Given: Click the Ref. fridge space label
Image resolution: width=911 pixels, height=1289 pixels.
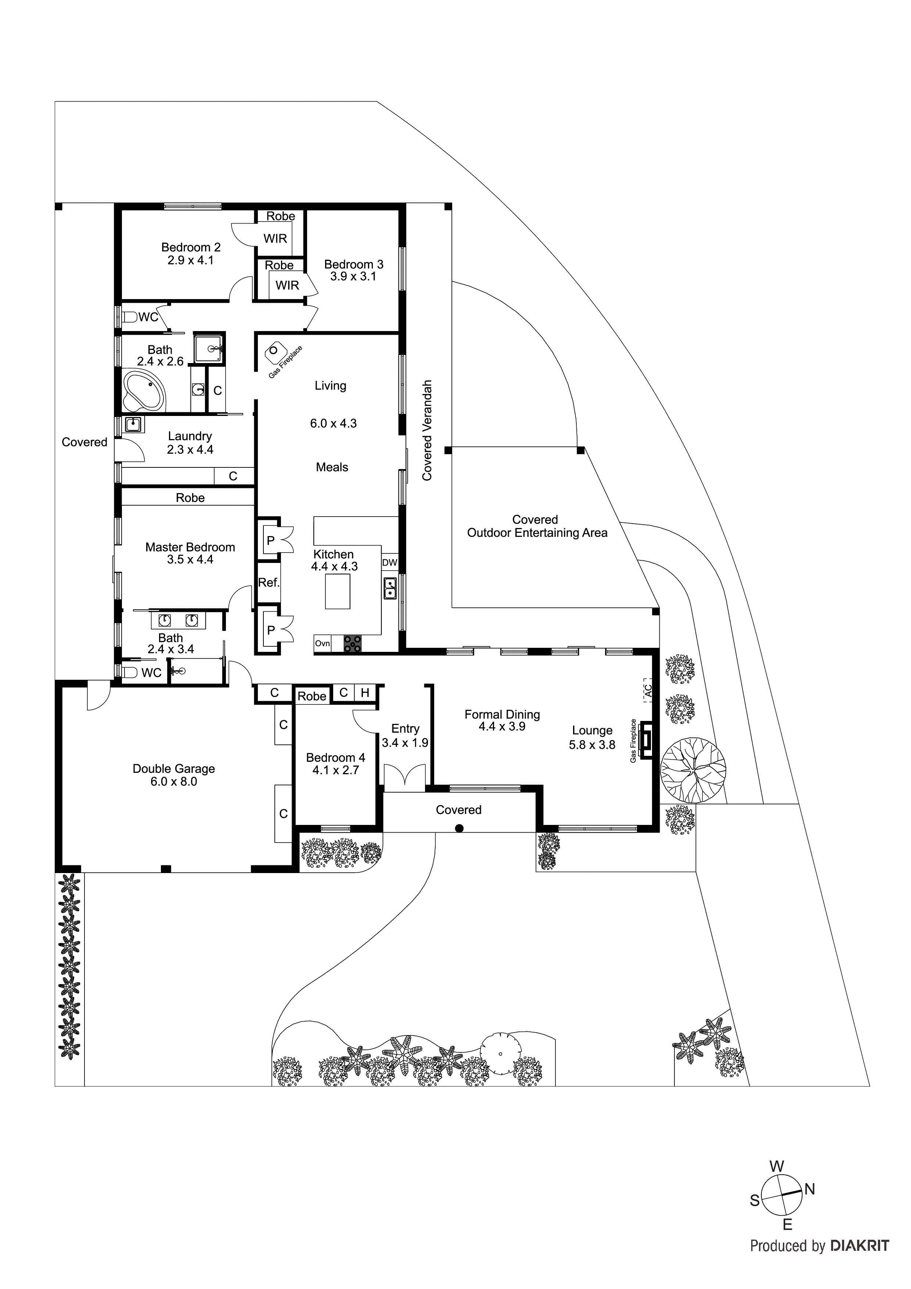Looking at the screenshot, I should click(268, 583).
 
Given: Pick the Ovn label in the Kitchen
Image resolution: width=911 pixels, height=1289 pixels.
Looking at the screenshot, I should click(322, 643).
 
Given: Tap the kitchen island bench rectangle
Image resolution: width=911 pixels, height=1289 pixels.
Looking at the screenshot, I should click(337, 591).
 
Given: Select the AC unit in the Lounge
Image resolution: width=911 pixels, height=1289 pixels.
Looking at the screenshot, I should click(648, 690).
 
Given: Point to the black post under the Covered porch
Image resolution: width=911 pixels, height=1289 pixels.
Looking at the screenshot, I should click(459, 828).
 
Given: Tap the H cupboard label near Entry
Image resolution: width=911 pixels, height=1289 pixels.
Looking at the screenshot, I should click(365, 693).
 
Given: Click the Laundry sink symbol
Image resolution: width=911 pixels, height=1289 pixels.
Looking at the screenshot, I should click(133, 424).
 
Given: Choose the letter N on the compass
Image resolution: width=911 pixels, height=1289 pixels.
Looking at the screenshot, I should click(809, 1189).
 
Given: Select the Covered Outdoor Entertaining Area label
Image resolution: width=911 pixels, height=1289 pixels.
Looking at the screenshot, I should click(537, 526).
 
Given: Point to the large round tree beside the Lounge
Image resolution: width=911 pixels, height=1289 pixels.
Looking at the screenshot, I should click(693, 769).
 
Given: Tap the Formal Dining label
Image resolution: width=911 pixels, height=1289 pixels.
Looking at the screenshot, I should click(502, 714).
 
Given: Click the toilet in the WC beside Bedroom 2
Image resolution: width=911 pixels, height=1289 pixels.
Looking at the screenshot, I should click(130, 317).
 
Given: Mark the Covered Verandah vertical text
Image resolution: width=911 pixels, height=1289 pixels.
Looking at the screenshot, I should click(427, 431).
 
